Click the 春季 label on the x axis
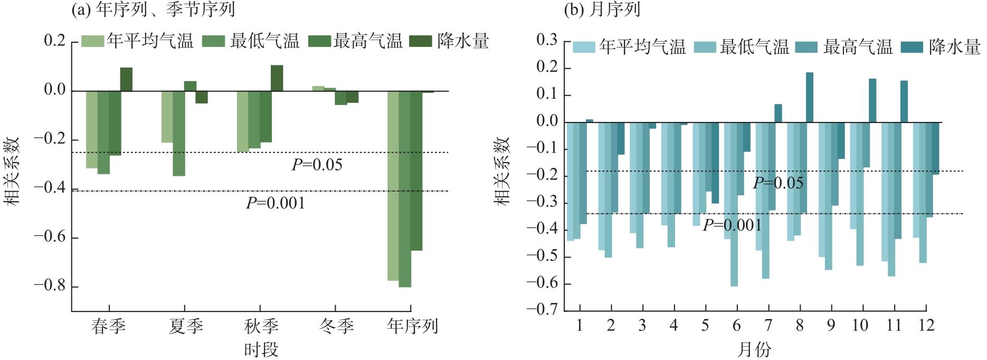click(108, 326)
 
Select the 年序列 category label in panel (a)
click(412, 326)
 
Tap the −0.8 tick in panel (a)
click(50, 287)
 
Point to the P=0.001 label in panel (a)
click(276, 203)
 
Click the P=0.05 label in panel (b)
click(778, 183)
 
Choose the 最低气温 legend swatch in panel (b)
click(705, 47)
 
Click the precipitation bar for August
click(809, 98)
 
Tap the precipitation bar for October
click(872, 101)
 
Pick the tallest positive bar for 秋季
click(277, 78)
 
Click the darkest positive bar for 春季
click(126, 79)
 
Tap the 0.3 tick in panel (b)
click(547, 41)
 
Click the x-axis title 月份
click(753, 349)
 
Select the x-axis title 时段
click(261, 349)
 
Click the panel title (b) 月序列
click(602, 10)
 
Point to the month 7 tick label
click(768, 325)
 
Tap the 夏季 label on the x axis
click(185, 326)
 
